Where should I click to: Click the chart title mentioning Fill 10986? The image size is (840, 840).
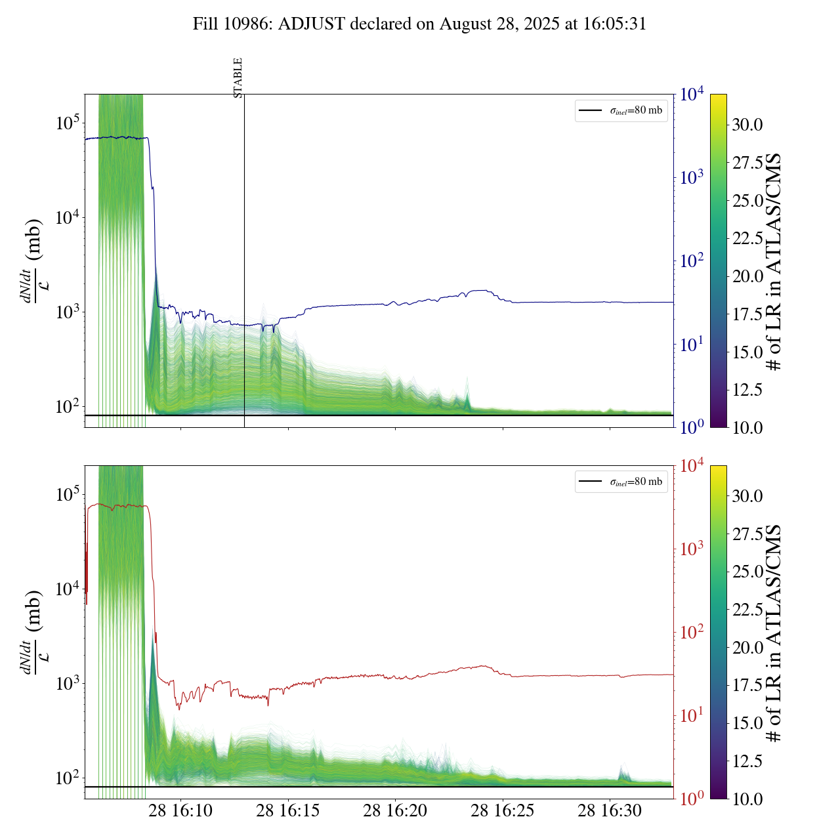coord(419,24)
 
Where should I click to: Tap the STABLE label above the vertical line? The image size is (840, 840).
coord(238,78)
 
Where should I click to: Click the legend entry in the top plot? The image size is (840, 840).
coord(621,110)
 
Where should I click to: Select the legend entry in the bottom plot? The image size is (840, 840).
coord(621,482)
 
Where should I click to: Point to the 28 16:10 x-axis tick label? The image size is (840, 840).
coord(180,810)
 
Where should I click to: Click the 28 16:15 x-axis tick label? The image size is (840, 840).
coord(288,810)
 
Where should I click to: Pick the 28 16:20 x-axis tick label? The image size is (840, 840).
coord(395,810)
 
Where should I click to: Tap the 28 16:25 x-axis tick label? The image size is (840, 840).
coord(503,810)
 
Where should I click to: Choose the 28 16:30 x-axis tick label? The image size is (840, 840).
coord(610,810)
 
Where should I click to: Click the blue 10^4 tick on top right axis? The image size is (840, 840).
coord(692,94)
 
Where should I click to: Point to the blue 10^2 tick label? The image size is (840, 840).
coord(692,261)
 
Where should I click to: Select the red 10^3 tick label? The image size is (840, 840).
coord(692,549)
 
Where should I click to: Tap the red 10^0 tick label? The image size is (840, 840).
coord(692,799)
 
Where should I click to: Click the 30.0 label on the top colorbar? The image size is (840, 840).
coord(747,125)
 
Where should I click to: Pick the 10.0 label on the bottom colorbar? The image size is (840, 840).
coord(747,799)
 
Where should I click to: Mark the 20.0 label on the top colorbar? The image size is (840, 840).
coord(747,276)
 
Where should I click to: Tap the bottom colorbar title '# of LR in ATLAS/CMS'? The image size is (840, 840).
coord(775,633)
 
